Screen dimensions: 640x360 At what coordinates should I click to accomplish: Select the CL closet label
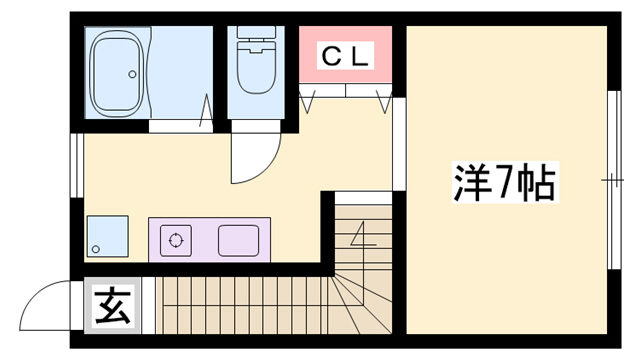pyautogui.click(x=345, y=57)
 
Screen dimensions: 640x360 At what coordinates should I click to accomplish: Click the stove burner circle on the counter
pyautogui.click(x=177, y=240)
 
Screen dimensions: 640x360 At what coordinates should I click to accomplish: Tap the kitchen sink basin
pyautogui.click(x=237, y=240)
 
